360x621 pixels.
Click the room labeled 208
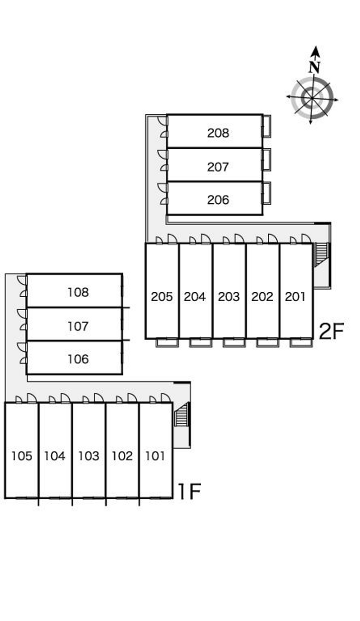point(218,133)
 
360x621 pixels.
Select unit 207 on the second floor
point(218,167)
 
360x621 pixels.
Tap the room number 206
point(218,200)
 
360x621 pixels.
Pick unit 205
point(162,297)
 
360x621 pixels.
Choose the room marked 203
point(229,297)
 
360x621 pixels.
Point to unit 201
point(295,297)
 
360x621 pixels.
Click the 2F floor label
point(331,332)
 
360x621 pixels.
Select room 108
point(78,292)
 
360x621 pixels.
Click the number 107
point(78,326)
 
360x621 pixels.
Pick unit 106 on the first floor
point(78,359)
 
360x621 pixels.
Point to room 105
point(22,456)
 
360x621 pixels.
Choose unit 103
point(89,456)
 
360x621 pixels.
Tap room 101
point(155,456)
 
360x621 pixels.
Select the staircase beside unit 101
point(181,415)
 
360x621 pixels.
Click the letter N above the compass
point(315,67)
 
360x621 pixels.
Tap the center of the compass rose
point(312,98)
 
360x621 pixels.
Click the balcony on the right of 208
point(267,126)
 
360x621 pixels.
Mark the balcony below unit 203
point(234,343)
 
